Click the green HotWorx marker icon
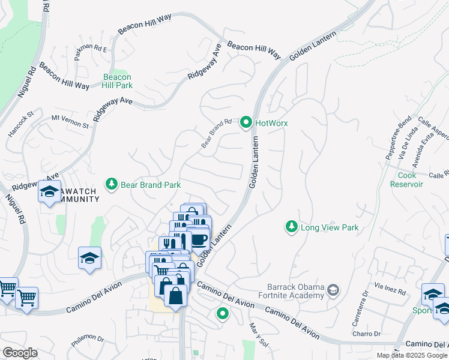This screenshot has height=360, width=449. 246,122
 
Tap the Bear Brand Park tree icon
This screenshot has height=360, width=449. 110,185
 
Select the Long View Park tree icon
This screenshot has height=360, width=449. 291,227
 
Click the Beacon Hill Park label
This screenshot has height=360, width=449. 117,82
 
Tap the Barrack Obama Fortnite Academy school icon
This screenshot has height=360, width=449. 332,292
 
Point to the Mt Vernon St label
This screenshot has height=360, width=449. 70,122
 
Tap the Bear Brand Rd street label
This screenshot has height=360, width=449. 216,133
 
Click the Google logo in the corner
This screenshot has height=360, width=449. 20,353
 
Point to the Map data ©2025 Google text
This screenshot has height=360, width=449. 411,355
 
